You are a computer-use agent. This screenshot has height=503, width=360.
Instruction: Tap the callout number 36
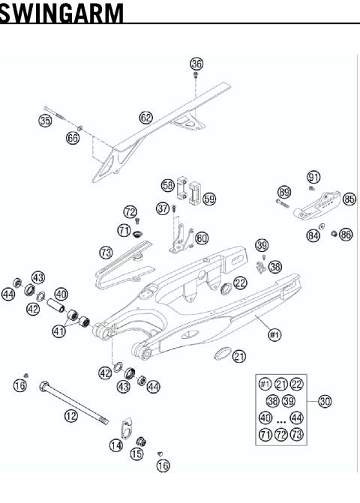pyautogui.click(x=196, y=64)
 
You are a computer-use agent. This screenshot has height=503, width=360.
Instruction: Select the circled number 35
pyautogui.click(x=45, y=120)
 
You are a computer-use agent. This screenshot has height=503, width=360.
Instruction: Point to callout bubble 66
pyautogui.click(x=72, y=139)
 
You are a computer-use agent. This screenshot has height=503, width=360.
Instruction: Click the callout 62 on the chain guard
pyautogui.click(x=145, y=117)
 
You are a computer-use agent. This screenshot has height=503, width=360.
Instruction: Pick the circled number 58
pyautogui.click(x=168, y=184)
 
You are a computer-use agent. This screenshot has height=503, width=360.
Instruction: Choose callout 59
pyautogui.click(x=209, y=199)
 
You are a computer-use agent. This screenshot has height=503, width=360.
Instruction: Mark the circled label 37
pyautogui.click(x=161, y=208)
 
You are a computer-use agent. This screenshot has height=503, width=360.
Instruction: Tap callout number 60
pyautogui.click(x=202, y=238)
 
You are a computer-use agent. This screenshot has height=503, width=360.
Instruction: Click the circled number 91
pyautogui.click(x=313, y=177)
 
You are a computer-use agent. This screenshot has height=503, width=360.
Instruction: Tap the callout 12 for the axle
pyautogui.click(x=70, y=415)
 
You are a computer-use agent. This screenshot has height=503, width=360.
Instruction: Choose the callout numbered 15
pyautogui.click(x=137, y=454)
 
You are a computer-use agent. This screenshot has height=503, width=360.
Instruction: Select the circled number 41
pyautogui.click(x=58, y=330)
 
